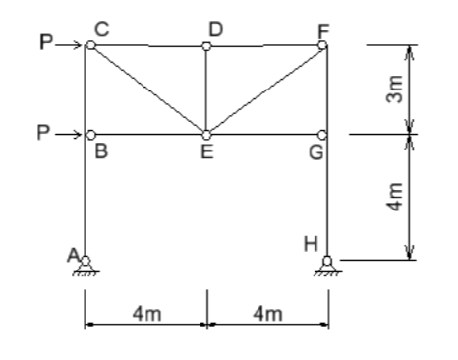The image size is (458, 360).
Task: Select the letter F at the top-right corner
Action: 322,31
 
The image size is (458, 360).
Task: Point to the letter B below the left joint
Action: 98,151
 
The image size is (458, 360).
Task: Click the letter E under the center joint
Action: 206,152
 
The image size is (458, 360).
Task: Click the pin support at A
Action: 86,264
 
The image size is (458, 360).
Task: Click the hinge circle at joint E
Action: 206,134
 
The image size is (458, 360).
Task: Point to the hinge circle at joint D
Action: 206,45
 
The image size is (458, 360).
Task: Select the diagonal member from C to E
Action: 147,90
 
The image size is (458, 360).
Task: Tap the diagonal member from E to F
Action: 265,90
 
